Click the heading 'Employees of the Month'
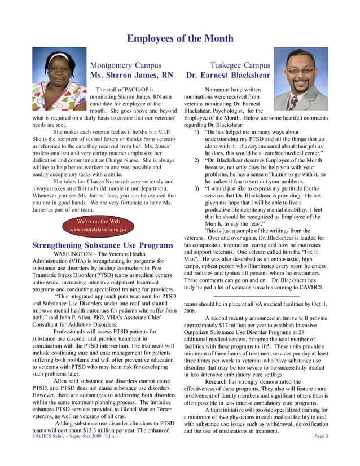tap(180, 38)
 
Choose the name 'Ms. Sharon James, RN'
tap(132, 76)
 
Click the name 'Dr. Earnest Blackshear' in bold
tap(228, 76)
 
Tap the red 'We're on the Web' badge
tap(98, 225)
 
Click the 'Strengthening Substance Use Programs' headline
tap(103, 245)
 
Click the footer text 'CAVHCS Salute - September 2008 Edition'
tap(76, 436)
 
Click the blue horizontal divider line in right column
tap(256, 296)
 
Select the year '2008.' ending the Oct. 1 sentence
tap(190, 311)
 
